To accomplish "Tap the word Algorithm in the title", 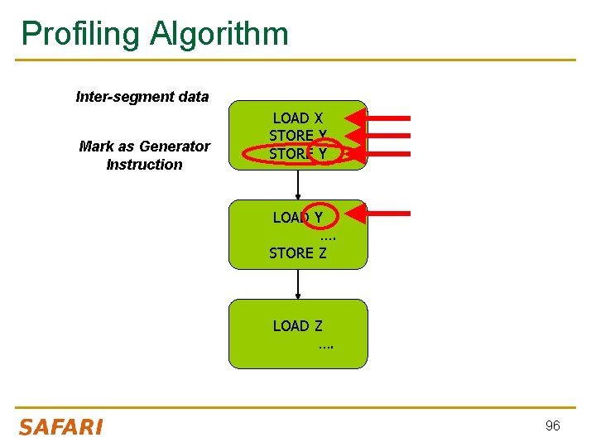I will [x=219, y=34].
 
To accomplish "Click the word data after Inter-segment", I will [x=193, y=97].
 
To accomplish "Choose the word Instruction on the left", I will [x=144, y=164].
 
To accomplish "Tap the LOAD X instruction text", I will [x=297, y=118].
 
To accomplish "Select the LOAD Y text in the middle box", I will [x=297, y=218].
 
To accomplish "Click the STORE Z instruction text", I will [x=297, y=253].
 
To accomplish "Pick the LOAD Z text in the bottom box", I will [x=297, y=326].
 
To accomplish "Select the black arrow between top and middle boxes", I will [x=298, y=185].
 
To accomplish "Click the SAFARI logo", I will [x=60, y=427].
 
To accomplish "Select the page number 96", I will [x=552, y=425].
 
